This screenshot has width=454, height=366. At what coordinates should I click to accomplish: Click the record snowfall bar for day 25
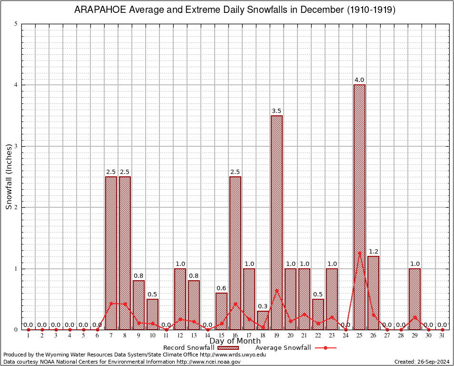tap(359, 207)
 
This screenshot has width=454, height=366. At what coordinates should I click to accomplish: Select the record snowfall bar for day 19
tap(276, 222)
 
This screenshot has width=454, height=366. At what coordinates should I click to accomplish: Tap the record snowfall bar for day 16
tap(235, 253)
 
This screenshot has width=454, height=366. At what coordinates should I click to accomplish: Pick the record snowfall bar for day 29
tap(415, 299)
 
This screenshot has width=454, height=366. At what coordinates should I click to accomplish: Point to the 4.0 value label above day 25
tap(359, 80)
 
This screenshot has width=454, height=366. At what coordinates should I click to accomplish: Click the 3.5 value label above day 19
tap(276, 111)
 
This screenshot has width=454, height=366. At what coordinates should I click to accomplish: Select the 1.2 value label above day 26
tap(373, 252)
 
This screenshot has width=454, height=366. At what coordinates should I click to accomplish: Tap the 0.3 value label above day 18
tap(263, 306)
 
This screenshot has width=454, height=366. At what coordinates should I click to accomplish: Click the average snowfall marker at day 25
tap(359, 253)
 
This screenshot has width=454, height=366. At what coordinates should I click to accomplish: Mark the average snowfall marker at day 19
tap(276, 290)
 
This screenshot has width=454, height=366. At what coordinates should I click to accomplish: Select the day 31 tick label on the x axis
tap(443, 335)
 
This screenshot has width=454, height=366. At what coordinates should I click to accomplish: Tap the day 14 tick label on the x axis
tap(207, 335)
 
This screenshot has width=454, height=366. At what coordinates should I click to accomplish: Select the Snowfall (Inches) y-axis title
tap(9, 177)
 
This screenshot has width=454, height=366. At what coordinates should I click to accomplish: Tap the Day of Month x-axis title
tap(235, 341)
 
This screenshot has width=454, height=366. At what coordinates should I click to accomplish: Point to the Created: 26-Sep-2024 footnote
tap(422, 362)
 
